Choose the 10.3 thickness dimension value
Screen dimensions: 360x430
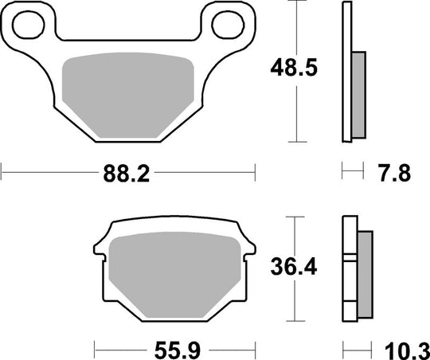tap(404, 349)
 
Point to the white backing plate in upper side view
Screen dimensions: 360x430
tap(346, 72)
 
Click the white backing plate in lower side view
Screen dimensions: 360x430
tap(349, 271)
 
